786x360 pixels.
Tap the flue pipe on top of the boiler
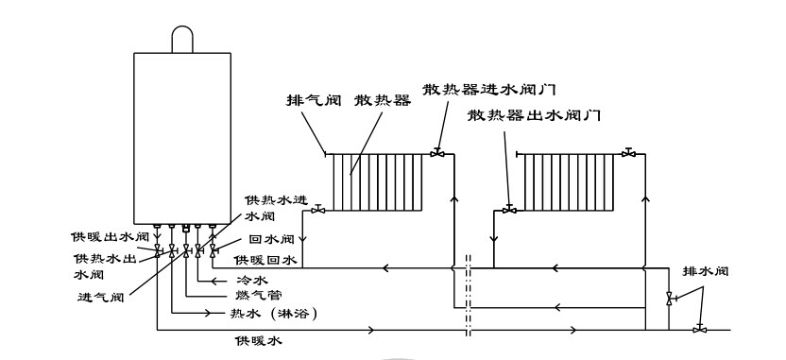[180, 39]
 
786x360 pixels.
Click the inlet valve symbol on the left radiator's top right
[436, 152]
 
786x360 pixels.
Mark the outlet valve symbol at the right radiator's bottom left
[509, 210]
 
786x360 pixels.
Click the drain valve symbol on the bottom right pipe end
[698, 329]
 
